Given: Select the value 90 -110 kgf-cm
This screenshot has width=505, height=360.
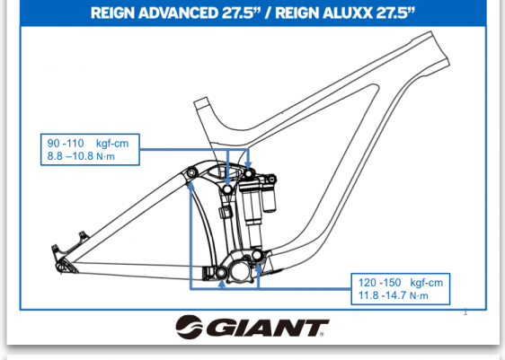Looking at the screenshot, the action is click(x=88, y=144).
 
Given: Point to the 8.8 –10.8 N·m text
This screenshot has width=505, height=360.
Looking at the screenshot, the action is click(x=81, y=156).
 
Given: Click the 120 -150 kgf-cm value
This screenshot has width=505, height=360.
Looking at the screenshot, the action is click(x=401, y=283).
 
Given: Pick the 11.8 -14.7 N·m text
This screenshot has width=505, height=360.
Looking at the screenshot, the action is click(x=394, y=295).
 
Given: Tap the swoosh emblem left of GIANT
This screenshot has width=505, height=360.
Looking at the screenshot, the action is click(x=189, y=327).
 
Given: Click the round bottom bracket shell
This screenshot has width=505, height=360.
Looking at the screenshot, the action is click(x=240, y=271).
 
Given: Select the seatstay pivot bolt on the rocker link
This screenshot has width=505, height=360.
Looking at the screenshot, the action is click(x=191, y=172).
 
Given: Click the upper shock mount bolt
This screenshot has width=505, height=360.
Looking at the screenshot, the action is click(x=248, y=174).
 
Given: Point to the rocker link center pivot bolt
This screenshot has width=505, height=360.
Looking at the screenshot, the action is click(x=227, y=189).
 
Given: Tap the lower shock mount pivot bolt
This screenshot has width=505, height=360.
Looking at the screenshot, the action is click(x=257, y=256).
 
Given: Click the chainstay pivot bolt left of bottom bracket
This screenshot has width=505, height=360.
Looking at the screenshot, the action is click(x=221, y=273).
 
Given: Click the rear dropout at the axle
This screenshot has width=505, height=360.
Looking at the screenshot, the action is click(x=62, y=267).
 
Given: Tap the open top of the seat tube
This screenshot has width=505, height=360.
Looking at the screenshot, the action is click(x=200, y=103).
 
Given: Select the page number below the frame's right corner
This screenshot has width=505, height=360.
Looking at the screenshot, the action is click(x=465, y=312).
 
